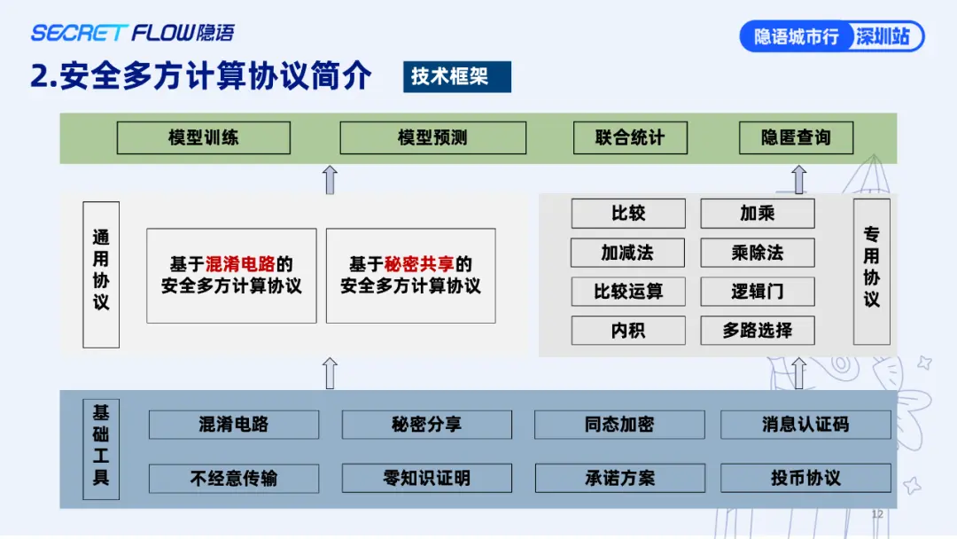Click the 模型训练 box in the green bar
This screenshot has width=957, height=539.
203,137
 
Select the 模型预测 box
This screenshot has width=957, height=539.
432,137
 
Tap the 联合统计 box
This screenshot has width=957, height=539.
630,137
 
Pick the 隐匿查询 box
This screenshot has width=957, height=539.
796,137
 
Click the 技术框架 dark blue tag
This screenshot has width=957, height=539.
457,76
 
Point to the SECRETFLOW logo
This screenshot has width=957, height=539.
132,32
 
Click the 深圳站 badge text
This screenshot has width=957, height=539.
883,36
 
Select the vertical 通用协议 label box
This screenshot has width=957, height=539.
101,275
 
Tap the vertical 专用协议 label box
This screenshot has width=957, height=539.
872,271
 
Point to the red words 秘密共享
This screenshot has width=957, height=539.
419,263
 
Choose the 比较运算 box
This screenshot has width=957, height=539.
628,292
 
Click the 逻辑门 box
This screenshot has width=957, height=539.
758,292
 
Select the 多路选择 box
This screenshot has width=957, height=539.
758,331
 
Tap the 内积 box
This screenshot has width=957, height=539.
628,331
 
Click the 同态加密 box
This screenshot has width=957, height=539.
619,425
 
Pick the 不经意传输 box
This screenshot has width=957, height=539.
234,478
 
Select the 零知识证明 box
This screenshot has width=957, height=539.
426,478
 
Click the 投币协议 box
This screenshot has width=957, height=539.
805,478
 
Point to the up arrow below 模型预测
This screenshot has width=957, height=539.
331,180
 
